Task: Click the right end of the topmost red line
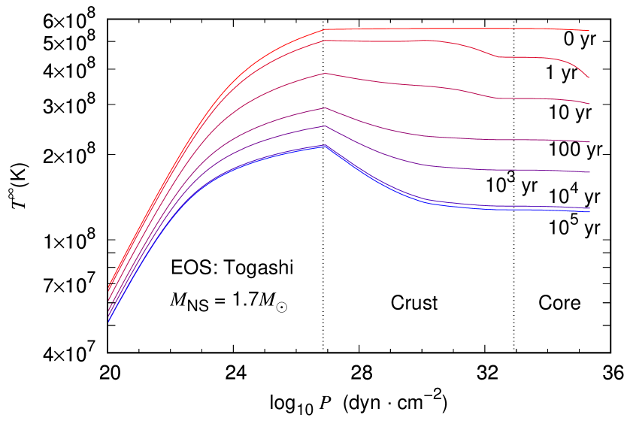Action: coord(589,31)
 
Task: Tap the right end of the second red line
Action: coord(589,77)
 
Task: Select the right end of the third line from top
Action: coord(589,104)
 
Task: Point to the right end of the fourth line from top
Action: coord(589,142)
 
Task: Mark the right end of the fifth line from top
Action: coord(589,172)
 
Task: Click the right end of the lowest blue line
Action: coord(589,212)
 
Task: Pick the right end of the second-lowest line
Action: coord(589,208)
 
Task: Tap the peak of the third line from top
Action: coord(326,73)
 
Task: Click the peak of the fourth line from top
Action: coord(326,108)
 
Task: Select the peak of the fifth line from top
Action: coord(326,126)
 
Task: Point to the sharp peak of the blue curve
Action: coord(326,145)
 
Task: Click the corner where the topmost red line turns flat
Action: coord(326,29)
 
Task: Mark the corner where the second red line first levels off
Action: coord(325,41)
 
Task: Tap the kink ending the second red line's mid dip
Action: coord(498,56)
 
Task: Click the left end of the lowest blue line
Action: coord(109,322)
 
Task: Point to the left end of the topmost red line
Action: coord(109,286)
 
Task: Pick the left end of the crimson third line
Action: coord(109,301)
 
